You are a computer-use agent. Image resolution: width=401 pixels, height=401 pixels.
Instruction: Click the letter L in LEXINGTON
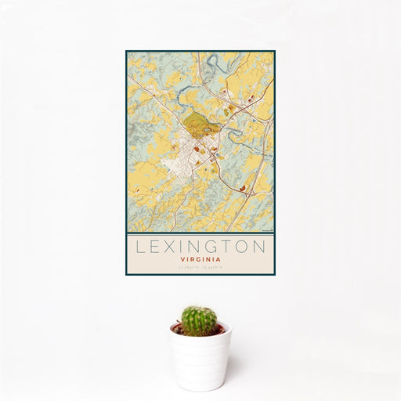coord(140,246)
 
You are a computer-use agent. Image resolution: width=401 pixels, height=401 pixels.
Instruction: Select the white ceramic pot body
coord(200,359)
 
